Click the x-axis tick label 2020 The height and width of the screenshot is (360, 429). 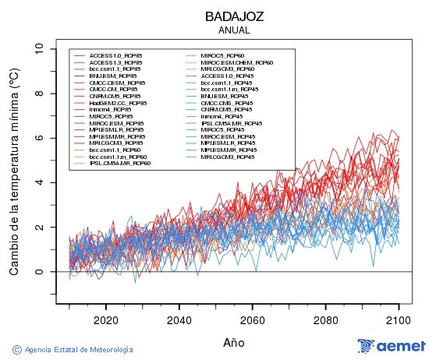[105, 319]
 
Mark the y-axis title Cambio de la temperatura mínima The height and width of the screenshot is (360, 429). [13, 171]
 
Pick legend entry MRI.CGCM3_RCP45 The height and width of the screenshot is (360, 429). [226, 157]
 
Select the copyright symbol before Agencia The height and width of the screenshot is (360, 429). [16, 349]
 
